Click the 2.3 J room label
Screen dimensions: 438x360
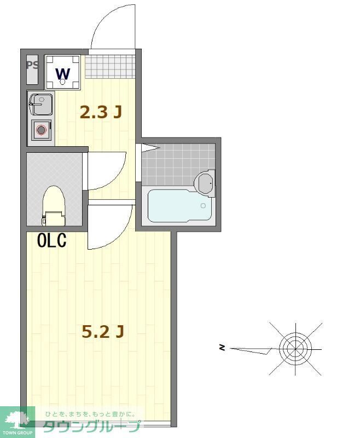point(100,112)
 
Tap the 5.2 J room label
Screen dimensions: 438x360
point(102,331)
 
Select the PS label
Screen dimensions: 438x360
point(33,65)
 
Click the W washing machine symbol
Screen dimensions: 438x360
point(63,73)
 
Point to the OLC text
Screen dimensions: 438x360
point(52,240)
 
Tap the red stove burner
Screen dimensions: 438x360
point(41,130)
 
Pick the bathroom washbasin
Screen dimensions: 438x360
point(206,183)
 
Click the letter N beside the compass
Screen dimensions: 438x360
point(222,347)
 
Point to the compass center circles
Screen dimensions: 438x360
point(295,347)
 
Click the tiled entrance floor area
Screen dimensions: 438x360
point(109,66)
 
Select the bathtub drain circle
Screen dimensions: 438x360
point(203,206)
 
